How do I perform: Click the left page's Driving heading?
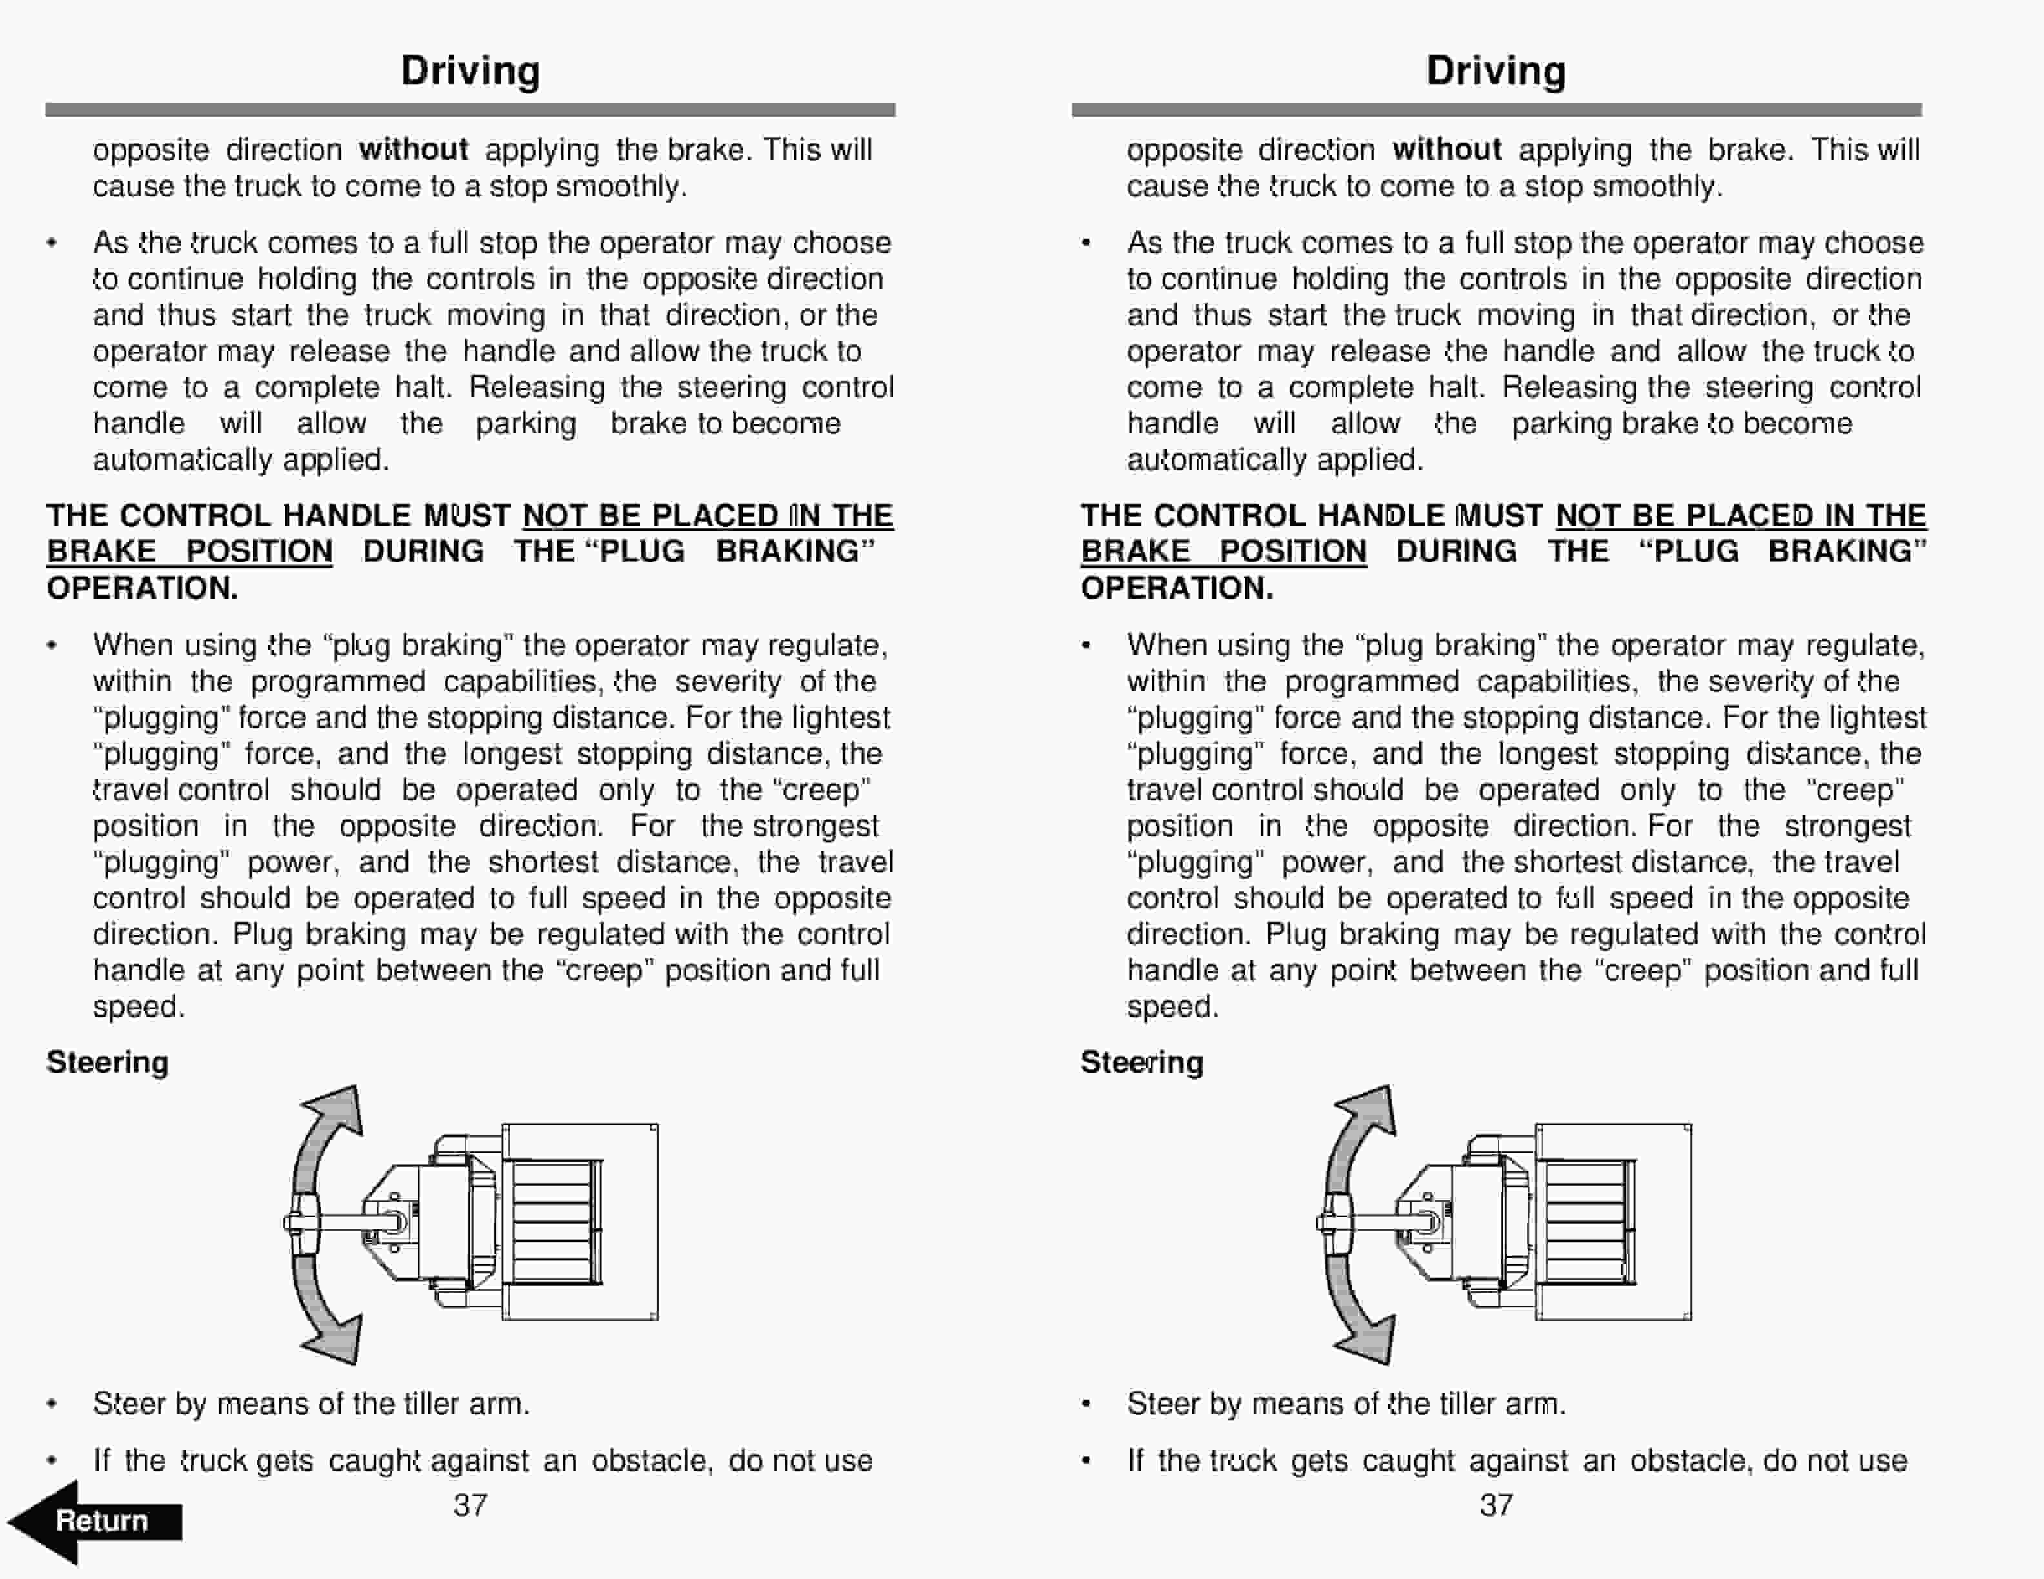(x=470, y=71)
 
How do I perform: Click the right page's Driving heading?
(x=1496, y=71)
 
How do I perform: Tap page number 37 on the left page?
(x=470, y=1505)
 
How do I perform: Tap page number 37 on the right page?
(x=1496, y=1505)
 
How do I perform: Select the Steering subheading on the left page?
(x=108, y=1062)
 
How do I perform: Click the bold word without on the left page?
(x=413, y=150)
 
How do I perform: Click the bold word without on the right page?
(x=1446, y=150)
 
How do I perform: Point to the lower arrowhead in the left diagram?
(x=337, y=1340)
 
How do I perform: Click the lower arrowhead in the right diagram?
(x=1370, y=1340)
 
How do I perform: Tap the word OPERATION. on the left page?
(x=142, y=588)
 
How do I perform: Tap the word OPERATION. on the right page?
(x=1176, y=588)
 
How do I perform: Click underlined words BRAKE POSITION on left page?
(x=189, y=552)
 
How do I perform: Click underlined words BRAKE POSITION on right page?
(x=1223, y=552)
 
